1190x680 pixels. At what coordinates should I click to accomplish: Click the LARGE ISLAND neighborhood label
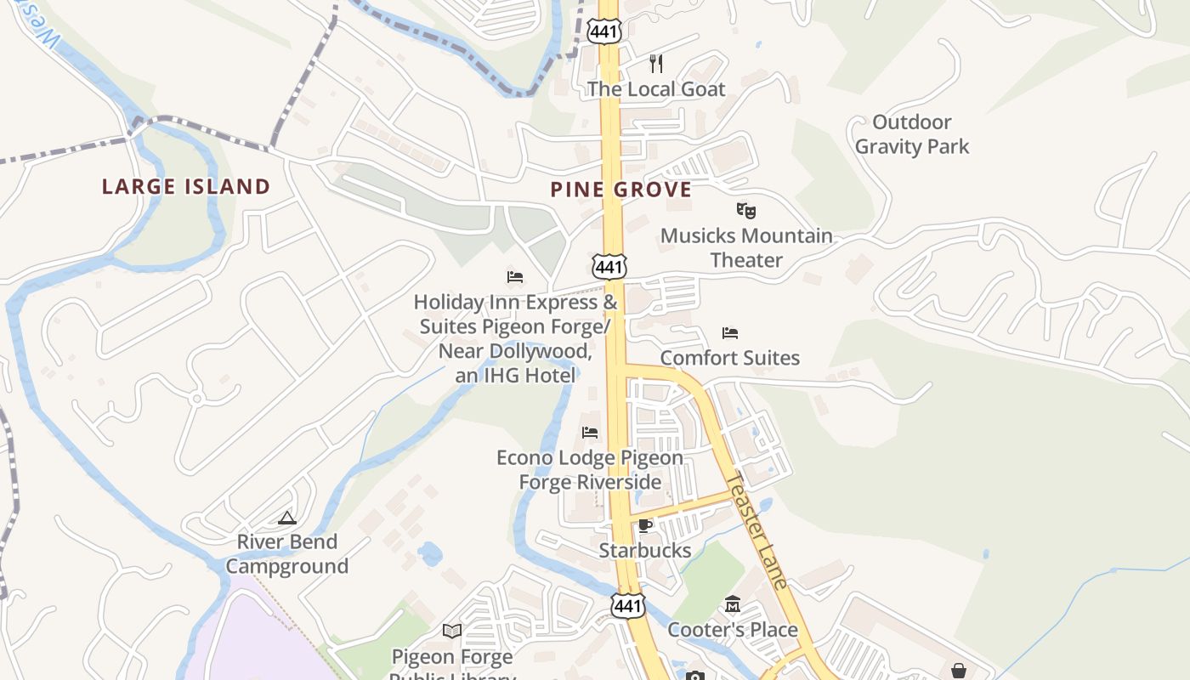[x=186, y=186]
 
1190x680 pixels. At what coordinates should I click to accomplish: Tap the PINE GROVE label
[x=620, y=189]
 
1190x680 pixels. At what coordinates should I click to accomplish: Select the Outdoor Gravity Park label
[x=912, y=134]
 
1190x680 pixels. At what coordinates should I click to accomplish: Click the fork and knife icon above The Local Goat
[x=655, y=63]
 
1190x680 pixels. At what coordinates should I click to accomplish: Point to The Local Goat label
[x=656, y=89]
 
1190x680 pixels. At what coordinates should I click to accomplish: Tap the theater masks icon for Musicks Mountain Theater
[x=745, y=210]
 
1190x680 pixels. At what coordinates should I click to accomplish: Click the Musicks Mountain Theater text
[x=746, y=247]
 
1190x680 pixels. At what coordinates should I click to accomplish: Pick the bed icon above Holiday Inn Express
[x=515, y=276]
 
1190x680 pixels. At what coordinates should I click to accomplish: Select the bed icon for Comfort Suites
[x=729, y=332]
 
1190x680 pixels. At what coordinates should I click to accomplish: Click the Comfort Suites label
[x=730, y=358]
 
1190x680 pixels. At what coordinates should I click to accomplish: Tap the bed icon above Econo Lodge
[x=590, y=432]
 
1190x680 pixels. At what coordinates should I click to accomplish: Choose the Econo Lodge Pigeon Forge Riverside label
[x=590, y=470]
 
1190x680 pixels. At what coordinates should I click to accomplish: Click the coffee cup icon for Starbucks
[x=645, y=525]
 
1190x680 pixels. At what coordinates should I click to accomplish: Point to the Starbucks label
[x=645, y=550]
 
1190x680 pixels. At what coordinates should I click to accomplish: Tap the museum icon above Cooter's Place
[x=733, y=604]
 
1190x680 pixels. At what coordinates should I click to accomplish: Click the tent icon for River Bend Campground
[x=287, y=517]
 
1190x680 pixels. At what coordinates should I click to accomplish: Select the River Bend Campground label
[x=287, y=554]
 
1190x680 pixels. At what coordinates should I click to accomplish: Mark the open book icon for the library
[x=452, y=631]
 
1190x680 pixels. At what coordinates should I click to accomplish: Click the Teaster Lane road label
[x=763, y=531]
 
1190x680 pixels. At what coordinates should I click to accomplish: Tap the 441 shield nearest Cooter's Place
[x=627, y=605]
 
